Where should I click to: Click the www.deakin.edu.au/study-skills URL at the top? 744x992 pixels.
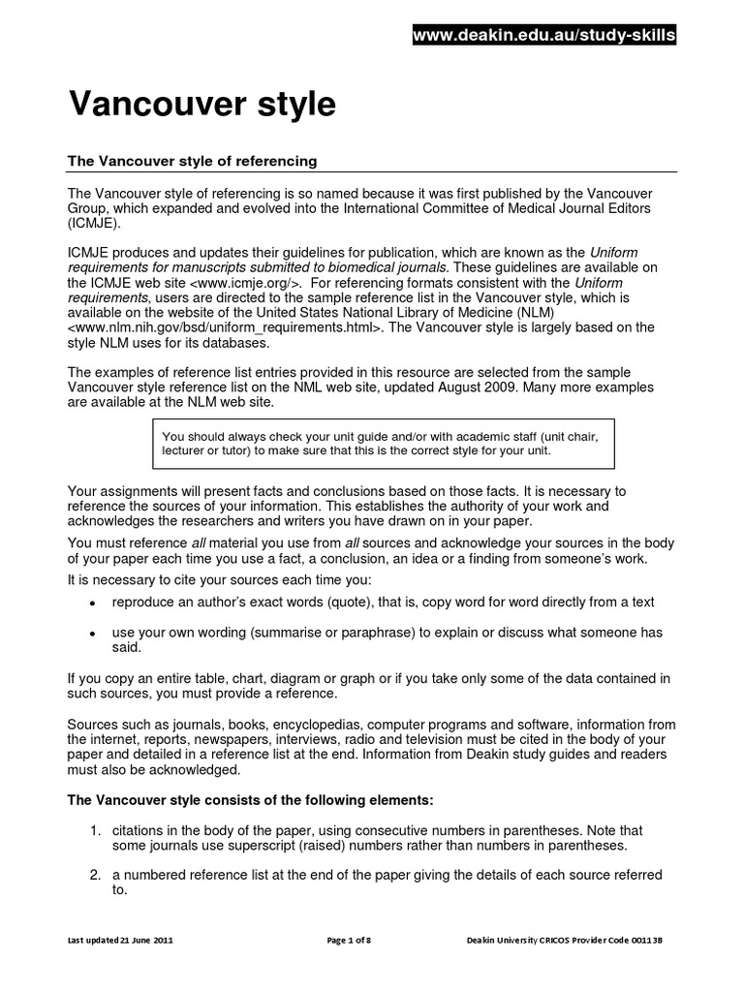(x=544, y=37)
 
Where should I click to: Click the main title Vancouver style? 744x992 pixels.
(x=201, y=105)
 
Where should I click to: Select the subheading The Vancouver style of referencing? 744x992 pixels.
(x=191, y=160)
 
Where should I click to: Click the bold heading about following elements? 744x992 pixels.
(x=250, y=801)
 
